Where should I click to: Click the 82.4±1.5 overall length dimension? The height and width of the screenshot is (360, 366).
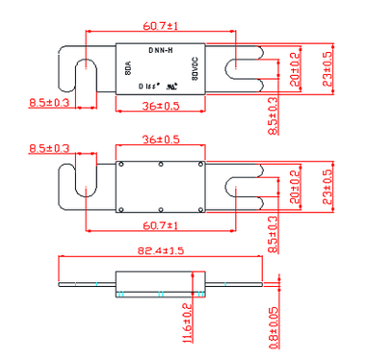(x=160, y=250)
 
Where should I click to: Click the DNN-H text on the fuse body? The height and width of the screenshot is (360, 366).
(x=161, y=49)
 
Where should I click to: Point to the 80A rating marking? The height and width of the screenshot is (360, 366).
(x=127, y=70)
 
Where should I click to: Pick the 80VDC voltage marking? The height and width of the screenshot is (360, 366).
(x=195, y=70)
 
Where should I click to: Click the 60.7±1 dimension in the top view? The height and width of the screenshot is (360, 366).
(x=160, y=22)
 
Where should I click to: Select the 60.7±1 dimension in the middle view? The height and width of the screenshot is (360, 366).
(x=160, y=224)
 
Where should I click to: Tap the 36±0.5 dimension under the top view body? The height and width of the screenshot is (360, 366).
(x=160, y=106)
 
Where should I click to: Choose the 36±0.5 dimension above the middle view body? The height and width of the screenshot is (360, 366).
(x=160, y=139)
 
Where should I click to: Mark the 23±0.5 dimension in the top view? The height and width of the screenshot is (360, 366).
(x=327, y=70)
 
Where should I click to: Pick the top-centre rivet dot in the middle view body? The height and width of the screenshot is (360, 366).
(x=161, y=165)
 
